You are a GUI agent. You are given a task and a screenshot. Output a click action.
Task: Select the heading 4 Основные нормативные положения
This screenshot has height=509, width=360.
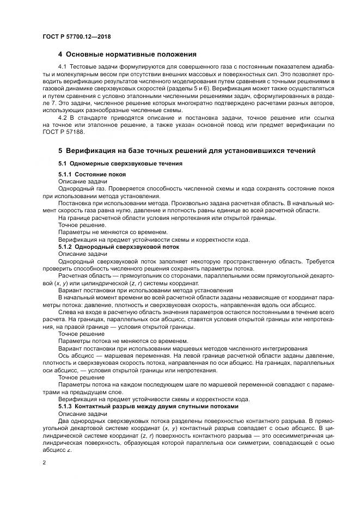coord(127,54)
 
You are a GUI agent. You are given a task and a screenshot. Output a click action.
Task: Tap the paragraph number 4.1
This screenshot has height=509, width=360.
coord(62,66)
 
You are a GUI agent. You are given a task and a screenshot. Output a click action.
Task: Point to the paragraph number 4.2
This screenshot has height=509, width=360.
coord(62,117)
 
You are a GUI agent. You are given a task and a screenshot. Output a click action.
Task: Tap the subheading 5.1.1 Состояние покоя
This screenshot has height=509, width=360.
coord(92,174)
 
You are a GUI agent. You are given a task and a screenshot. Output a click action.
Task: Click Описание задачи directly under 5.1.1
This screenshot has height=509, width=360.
coord(78,181)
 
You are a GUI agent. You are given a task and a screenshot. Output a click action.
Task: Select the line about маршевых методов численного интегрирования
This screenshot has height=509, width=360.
coord(182,348)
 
